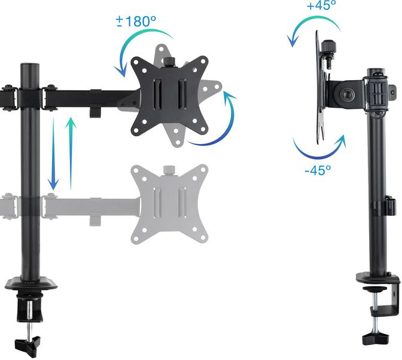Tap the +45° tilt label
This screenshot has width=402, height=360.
pyautogui.click(x=321, y=6)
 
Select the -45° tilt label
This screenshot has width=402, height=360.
pyautogui.click(x=316, y=170)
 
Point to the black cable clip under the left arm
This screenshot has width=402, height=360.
pyautogui.click(x=94, y=112)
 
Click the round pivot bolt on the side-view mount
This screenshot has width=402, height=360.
pyautogui.click(x=348, y=95)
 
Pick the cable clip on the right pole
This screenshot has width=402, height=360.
pyautogui.click(x=389, y=206)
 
